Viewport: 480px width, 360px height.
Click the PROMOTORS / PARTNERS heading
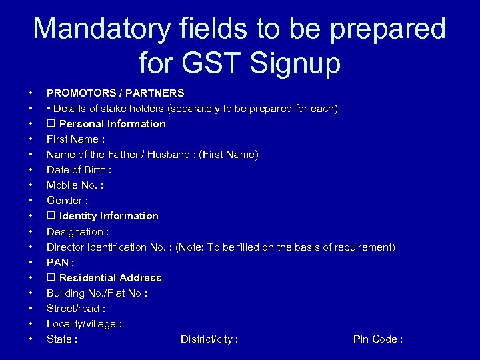(115, 93)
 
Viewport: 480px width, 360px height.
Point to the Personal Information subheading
(112, 123)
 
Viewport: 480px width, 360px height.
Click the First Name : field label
(75, 139)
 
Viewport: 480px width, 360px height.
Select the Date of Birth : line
(79, 169)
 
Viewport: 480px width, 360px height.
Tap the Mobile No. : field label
(75, 185)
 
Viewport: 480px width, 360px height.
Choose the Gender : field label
(67, 200)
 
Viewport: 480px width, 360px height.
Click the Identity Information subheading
(109, 215)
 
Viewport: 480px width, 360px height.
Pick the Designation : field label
(77, 231)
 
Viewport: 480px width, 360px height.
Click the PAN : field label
(60, 262)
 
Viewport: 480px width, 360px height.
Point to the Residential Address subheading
(110, 277)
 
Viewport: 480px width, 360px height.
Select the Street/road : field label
(76, 308)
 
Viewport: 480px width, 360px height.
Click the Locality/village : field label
(84, 323)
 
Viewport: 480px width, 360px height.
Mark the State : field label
(62, 339)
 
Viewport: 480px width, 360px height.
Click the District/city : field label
(209, 339)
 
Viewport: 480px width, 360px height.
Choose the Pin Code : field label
(378, 339)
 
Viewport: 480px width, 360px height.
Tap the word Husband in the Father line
(169, 154)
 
